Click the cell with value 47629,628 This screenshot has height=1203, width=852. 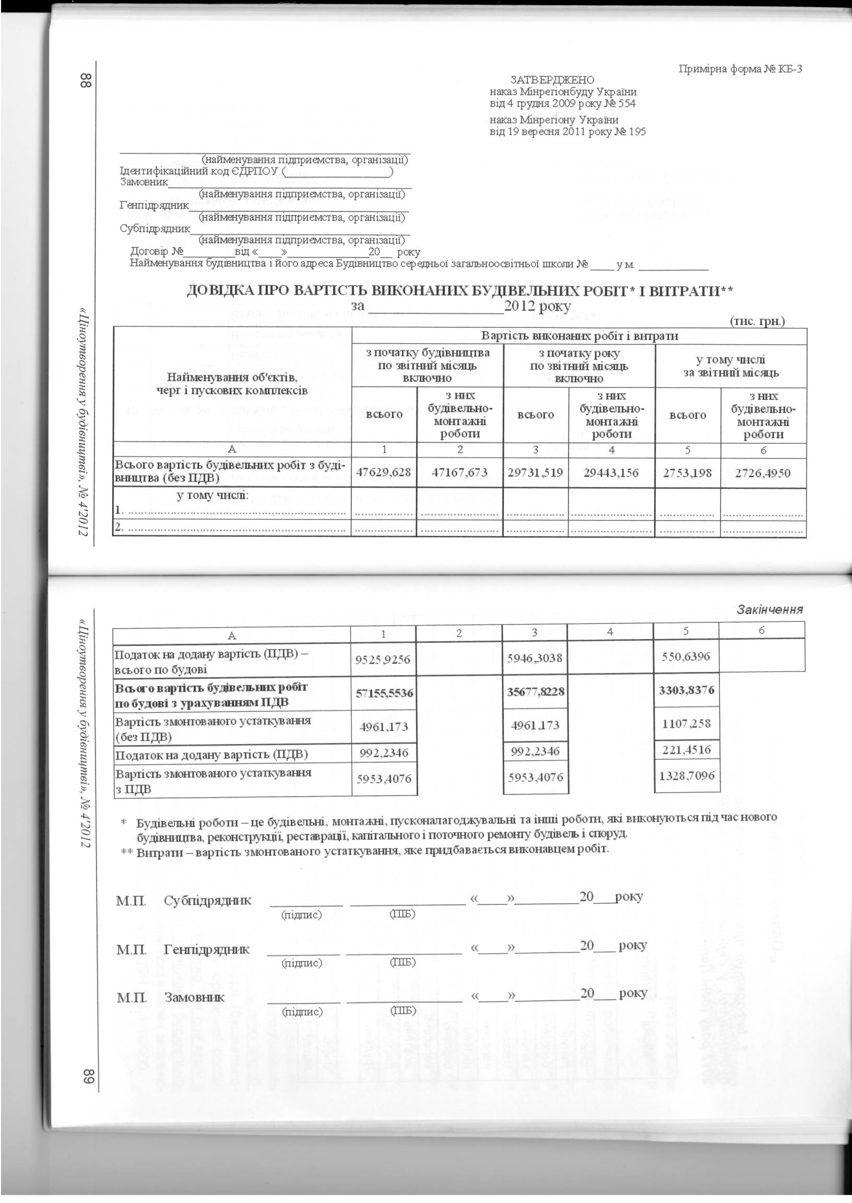384,473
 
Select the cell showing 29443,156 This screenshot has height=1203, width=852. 611,473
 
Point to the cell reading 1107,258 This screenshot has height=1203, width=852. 686,724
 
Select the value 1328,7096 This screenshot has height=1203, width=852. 686,775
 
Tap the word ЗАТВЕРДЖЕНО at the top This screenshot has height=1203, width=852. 552,80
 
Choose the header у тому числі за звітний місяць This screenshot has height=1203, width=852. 730,366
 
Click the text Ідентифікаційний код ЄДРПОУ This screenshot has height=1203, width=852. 199,171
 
